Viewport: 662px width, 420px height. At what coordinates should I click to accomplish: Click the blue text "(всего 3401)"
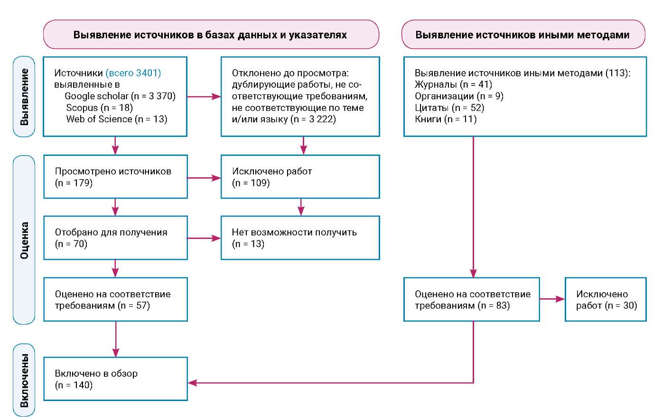(133, 73)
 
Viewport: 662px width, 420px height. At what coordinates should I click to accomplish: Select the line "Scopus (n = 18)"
(100, 108)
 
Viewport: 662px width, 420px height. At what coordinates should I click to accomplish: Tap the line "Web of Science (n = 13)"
(117, 119)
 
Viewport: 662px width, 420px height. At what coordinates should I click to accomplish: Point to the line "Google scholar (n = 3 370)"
(120, 96)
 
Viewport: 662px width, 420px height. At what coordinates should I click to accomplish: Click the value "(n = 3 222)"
(313, 119)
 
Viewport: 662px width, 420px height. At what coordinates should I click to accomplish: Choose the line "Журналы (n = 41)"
(453, 85)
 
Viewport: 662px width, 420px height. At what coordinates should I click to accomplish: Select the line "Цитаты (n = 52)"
(449, 108)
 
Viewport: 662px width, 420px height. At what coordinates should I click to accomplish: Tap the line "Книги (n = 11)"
(446, 119)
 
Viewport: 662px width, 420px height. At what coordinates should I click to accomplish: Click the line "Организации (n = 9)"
(459, 96)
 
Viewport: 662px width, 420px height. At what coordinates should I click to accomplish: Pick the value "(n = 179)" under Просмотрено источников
(74, 183)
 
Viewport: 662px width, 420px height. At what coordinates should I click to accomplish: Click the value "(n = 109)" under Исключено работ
(251, 183)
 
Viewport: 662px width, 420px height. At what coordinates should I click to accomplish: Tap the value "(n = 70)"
(71, 244)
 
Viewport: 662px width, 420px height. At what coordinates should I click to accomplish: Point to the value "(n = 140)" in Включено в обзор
(74, 385)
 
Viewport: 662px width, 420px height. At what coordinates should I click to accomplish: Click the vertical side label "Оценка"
(24, 240)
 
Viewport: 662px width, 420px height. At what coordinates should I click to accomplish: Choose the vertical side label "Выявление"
(24, 97)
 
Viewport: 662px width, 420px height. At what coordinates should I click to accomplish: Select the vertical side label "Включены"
(24, 381)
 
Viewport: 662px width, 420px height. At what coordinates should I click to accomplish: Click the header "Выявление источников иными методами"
(523, 35)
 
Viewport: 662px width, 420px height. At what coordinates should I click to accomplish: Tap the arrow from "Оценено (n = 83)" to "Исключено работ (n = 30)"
(552, 299)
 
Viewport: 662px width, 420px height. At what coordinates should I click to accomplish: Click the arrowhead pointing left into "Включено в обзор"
(192, 383)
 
